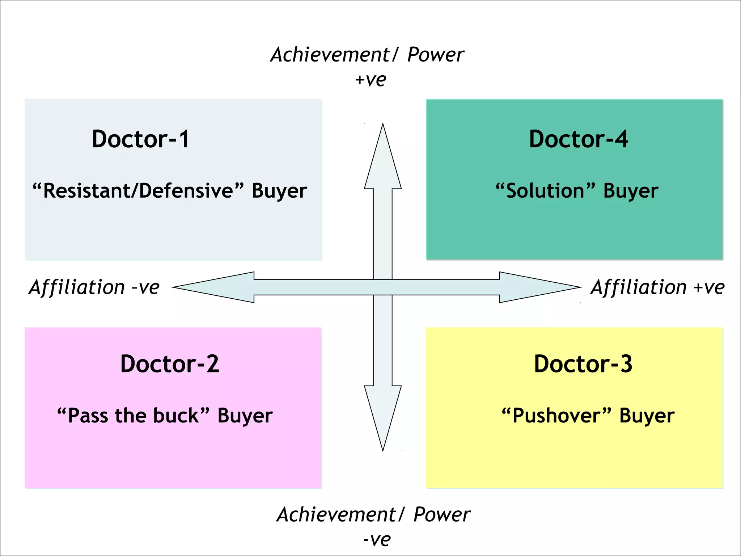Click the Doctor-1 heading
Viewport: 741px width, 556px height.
140,139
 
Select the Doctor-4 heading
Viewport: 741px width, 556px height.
578,139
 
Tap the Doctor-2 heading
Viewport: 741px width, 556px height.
169,364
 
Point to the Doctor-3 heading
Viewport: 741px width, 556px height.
583,364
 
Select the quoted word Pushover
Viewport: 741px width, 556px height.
556,416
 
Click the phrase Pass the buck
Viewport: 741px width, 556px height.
133,416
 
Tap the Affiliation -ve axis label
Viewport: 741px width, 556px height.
94,287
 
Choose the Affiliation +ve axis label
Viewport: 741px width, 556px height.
657,287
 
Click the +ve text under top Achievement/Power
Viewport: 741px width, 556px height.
370,80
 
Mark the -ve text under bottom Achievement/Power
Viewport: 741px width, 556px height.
377,540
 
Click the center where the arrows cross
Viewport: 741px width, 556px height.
383,287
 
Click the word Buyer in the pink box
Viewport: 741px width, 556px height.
245,416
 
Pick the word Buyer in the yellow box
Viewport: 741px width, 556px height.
647,416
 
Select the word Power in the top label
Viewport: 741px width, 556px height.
435,55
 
